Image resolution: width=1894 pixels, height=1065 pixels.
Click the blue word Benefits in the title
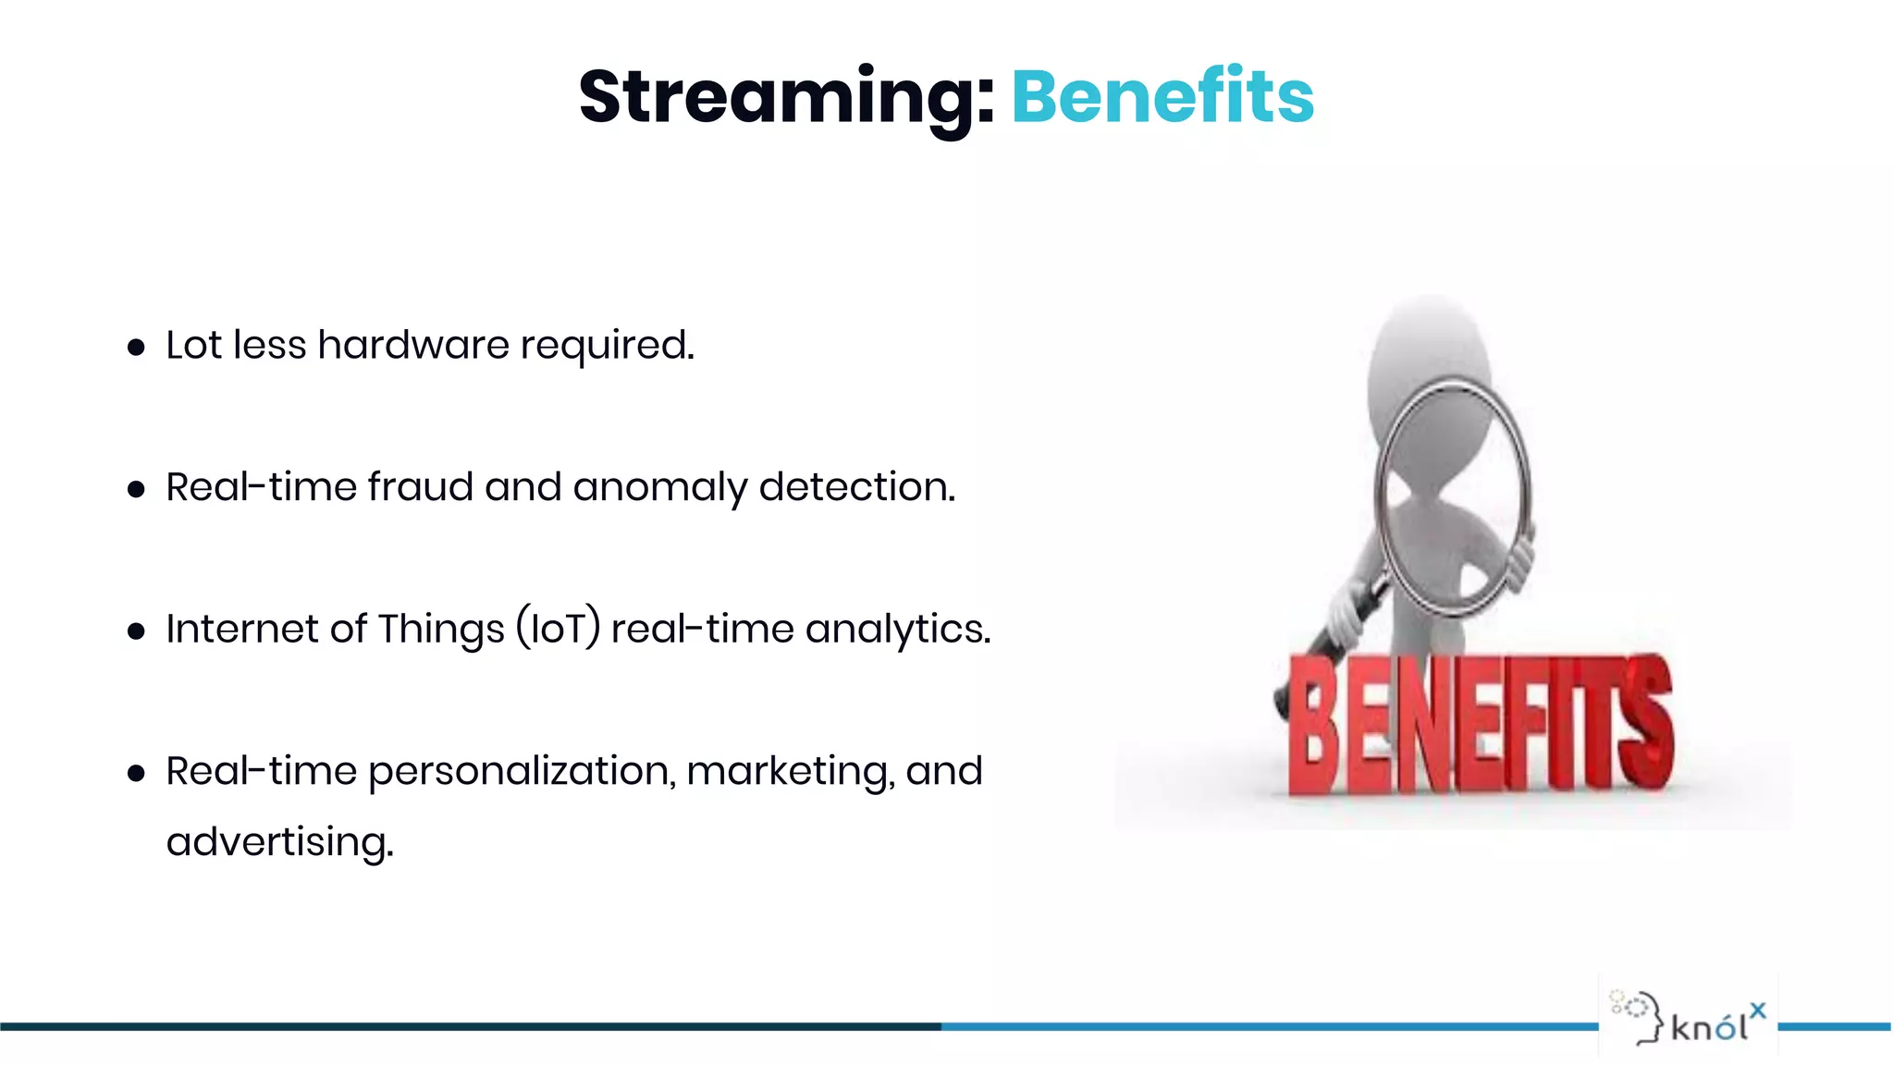[1162, 97]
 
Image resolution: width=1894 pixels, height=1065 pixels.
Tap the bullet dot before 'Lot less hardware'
[137, 348]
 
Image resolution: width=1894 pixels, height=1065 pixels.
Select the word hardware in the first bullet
[413, 345]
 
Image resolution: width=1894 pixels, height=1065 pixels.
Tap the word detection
[856, 487]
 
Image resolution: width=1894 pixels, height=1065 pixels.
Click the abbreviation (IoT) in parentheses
[559, 629]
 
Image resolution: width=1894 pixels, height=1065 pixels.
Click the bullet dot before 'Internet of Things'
[137, 631]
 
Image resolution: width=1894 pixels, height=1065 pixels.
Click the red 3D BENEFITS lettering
[1480, 726]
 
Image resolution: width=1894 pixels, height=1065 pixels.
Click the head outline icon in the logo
[1640, 1017]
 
